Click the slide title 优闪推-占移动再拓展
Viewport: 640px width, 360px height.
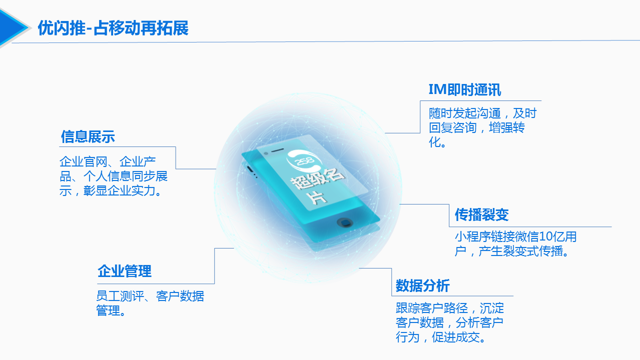click(x=113, y=28)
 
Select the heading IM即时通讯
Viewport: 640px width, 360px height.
click(x=465, y=89)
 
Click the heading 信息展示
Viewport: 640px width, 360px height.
click(x=88, y=136)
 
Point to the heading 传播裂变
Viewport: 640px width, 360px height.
click(x=482, y=214)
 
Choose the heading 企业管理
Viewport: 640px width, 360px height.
click(x=124, y=271)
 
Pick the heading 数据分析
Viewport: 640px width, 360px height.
click(x=422, y=285)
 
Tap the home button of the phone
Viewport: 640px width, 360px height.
click(x=345, y=222)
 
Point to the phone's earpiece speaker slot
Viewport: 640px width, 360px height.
click(x=277, y=150)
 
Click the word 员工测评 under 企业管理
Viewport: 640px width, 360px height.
click(x=120, y=296)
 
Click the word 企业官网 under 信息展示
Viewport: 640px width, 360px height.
click(x=84, y=161)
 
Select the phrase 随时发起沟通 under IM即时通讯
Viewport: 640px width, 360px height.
click(x=464, y=113)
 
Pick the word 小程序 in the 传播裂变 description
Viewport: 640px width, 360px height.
click(x=472, y=236)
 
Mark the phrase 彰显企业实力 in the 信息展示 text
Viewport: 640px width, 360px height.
click(x=119, y=190)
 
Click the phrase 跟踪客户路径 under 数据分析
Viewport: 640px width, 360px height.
click(x=432, y=308)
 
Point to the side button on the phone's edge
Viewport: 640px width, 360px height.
click(x=250, y=168)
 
